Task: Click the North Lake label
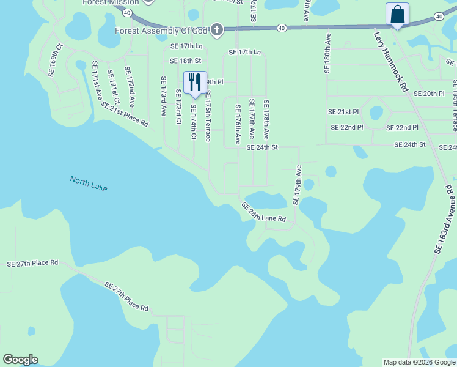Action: (89, 183)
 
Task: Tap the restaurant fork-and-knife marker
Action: (195, 82)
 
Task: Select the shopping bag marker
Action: (397, 14)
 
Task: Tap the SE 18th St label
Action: (186, 61)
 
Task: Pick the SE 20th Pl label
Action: (429, 94)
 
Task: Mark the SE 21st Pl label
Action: (343, 112)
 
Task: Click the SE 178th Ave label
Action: (266, 120)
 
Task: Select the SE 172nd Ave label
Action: (129, 87)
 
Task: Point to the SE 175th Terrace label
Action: (208, 116)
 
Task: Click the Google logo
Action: (20, 360)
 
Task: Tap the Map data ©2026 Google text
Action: (419, 362)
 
